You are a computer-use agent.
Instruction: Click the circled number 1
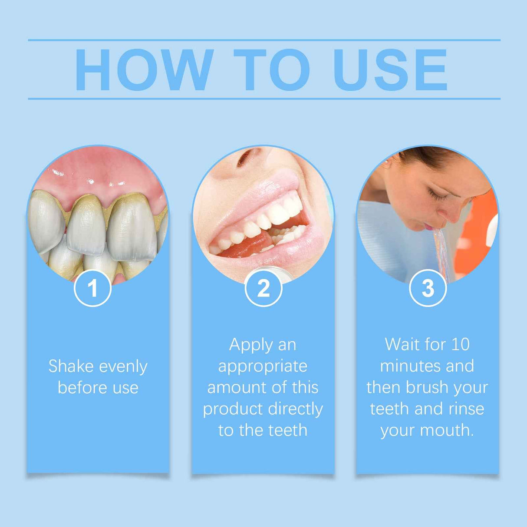pyautogui.click(x=92, y=288)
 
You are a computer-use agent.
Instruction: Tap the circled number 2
pyautogui.click(x=263, y=288)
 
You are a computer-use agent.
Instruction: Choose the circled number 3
pyautogui.click(x=428, y=288)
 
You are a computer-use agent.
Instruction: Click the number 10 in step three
pyautogui.click(x=460, y=344)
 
